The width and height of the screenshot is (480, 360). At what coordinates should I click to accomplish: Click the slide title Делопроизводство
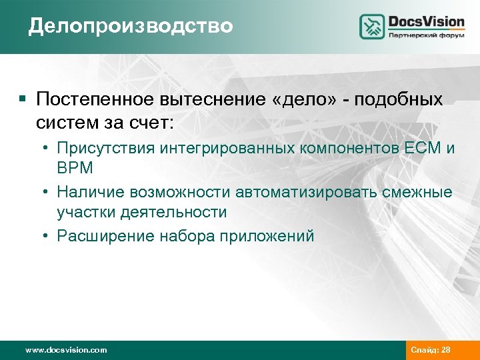tap(131, 26)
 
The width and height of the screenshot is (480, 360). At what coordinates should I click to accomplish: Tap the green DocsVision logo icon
tap(372, 27)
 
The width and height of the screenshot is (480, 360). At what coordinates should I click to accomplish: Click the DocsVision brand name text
tap(426, 21)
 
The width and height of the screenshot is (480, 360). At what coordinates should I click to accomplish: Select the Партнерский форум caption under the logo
tap(426, 37)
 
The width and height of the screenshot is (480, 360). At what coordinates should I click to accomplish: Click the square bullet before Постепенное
tap(23, 99)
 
